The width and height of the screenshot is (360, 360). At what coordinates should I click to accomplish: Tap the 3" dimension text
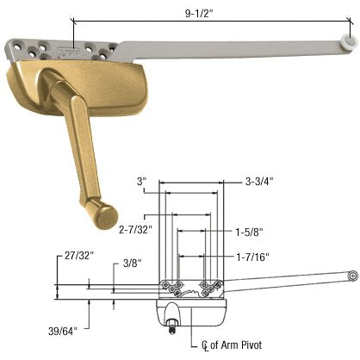142,182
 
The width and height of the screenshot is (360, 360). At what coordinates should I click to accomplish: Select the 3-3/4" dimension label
259,182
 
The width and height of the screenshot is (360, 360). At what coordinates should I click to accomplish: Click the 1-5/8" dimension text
248,232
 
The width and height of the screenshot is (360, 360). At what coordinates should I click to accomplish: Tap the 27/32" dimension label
79,256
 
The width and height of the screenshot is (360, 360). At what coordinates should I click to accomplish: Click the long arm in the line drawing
284,282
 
